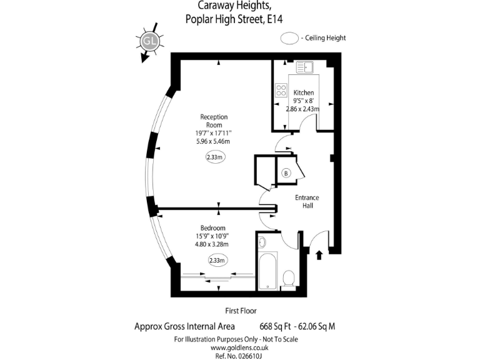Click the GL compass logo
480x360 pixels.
(149, 42)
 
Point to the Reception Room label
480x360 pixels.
(214, 121)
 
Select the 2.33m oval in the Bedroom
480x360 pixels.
(217, 260)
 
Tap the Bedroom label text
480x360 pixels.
(212, 228)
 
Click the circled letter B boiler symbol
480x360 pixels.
(286, 172)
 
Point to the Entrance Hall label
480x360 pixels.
(307, 201)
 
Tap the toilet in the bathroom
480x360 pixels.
(289, 277)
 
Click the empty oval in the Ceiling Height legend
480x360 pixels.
(289, 37)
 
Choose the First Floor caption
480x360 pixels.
(241, 311)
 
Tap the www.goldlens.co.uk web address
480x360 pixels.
(236, 347)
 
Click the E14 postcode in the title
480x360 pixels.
(283, 19)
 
